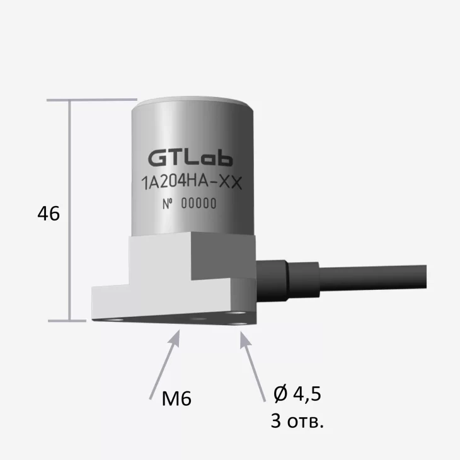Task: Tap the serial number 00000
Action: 198,204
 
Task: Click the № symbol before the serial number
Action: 168,204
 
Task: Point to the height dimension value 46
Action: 49,214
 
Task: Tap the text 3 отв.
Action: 297,420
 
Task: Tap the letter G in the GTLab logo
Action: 155,156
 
